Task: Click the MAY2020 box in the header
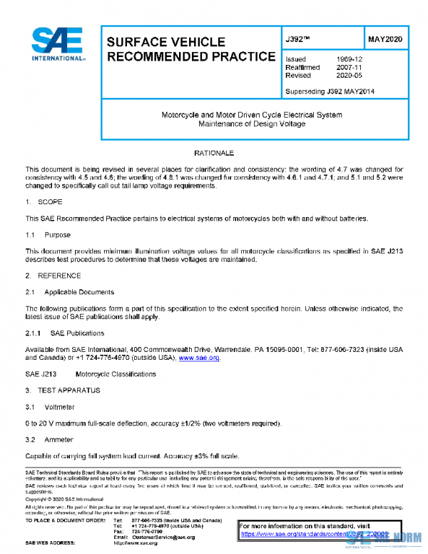coord(385,40)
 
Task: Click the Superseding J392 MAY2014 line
coord(330,91)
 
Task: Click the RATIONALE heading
coord(214,153)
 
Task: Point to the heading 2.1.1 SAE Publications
coord(65,333)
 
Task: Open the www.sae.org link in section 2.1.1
coord(199,358)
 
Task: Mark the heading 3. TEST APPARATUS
coord(63,390)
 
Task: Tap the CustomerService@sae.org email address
coord(163,536)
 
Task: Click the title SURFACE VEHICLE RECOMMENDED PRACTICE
coord(190,49)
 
